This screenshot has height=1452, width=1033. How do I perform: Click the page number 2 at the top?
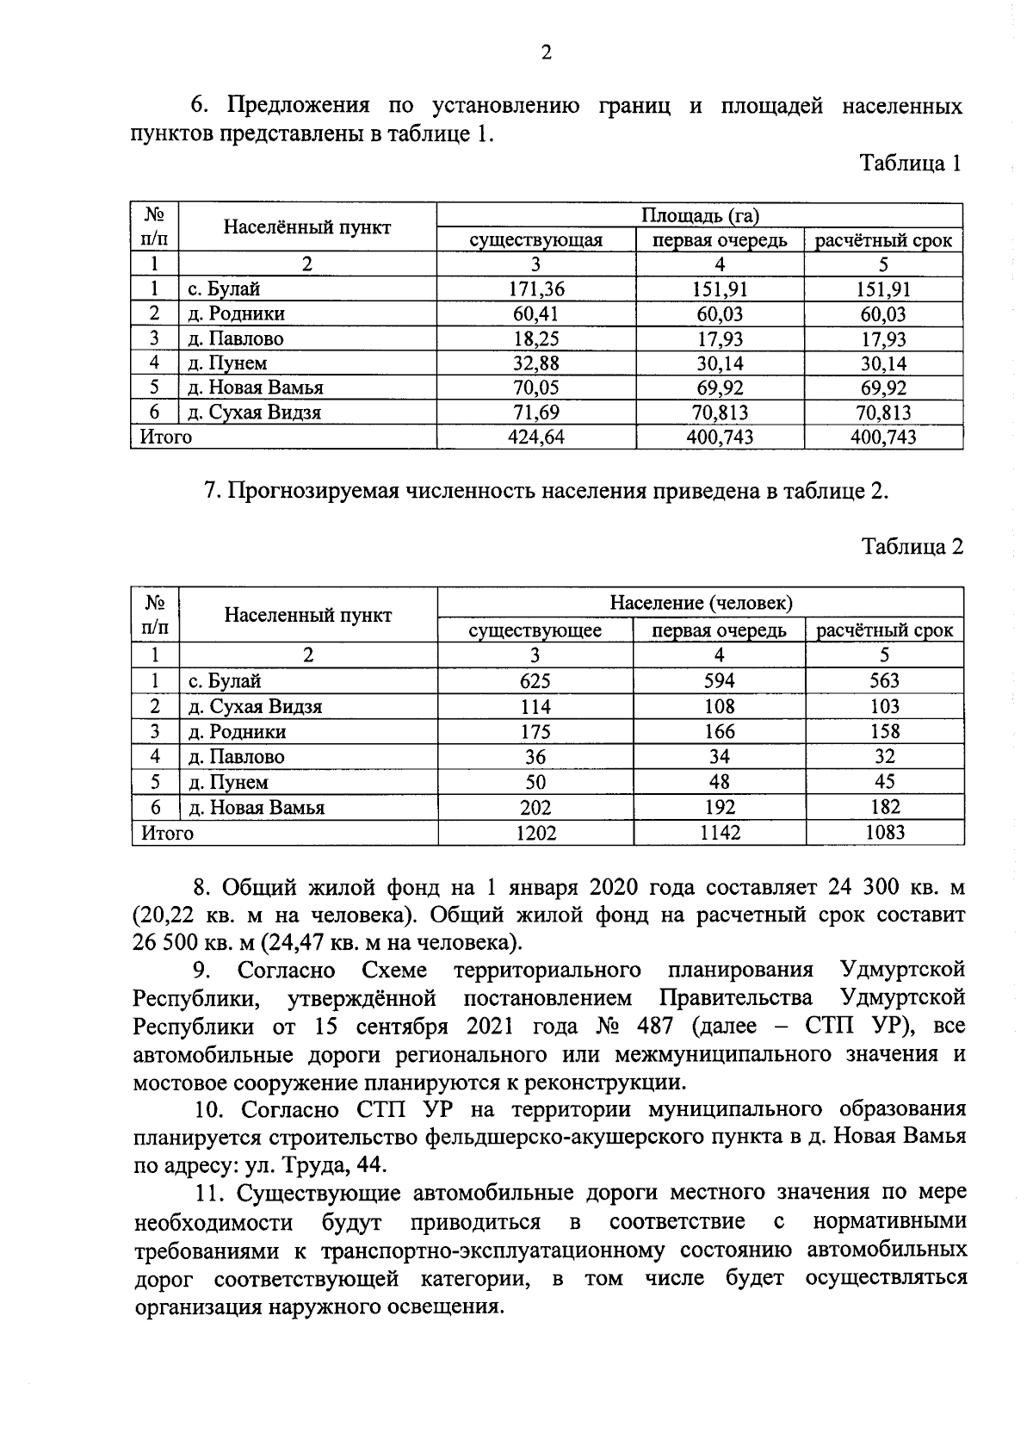click(545, 53)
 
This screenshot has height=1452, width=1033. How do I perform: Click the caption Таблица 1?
click(911, 163)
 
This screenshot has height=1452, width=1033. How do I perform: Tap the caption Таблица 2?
click(912, 546)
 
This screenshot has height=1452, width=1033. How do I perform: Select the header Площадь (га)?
click(700, 215)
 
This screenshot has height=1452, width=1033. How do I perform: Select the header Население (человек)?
click(701, 603)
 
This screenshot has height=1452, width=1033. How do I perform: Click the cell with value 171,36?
click(535, 289)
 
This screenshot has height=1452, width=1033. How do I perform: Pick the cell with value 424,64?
click(535, 437)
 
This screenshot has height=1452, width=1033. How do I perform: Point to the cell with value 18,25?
click(535, 338)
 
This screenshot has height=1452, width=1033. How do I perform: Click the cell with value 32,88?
click(535, 363)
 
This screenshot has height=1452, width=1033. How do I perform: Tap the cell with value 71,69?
click(535, 413)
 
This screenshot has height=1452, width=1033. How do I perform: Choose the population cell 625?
click(535, 681)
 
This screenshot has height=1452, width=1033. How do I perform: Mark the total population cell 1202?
click(535, 833)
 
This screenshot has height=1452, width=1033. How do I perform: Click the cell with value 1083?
click(884, 832)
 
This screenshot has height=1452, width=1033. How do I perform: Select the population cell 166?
click(719, 731)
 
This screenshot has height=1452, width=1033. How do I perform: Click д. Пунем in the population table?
click(228, 782)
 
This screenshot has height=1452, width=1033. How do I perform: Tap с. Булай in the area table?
click(224, 289)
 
